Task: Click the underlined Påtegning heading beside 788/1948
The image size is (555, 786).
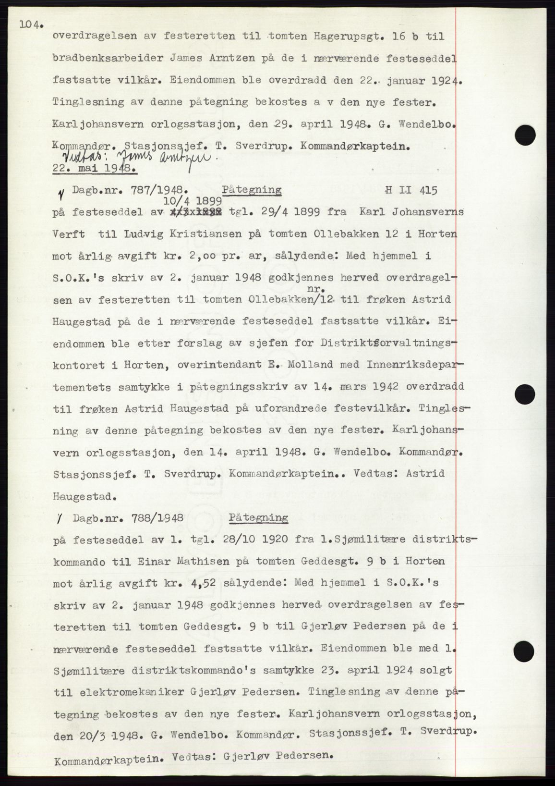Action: point(259,518)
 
